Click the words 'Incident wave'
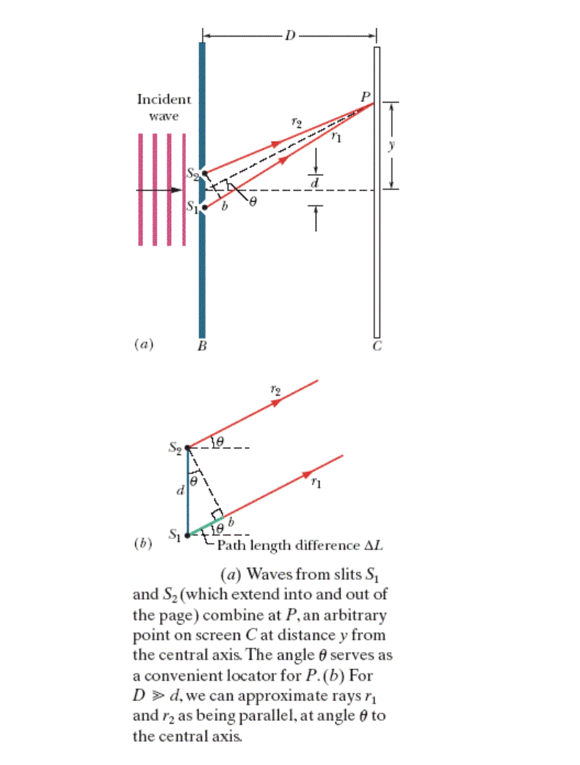164,107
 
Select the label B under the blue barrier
202,347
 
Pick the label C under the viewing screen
377,347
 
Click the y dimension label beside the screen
392,145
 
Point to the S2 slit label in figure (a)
191,174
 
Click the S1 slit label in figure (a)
191,208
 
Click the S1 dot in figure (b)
187,535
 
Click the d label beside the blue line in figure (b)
178,490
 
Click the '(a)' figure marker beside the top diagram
143,343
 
